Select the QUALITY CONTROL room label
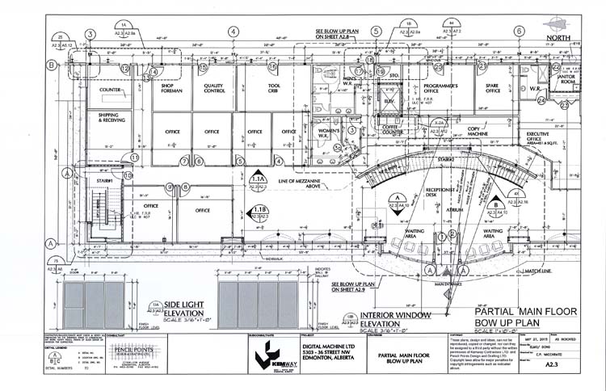tap(213, 89)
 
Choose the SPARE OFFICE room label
tap(494, 89)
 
